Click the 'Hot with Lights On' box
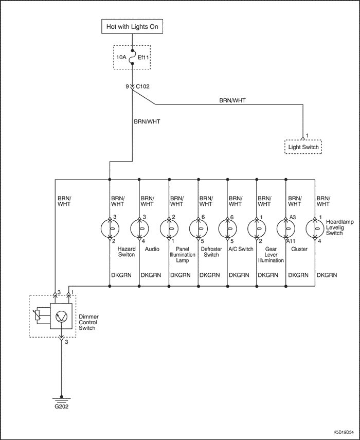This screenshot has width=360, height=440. tap(132, 27)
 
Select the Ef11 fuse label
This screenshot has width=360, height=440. tap(143, 58)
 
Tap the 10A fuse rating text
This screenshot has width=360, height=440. tap(121, 58)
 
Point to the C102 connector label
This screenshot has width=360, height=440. tap(142, 86)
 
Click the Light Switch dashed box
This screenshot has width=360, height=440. tap(303, 147)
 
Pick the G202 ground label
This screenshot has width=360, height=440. tap(61, 407)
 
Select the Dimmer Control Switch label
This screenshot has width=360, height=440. tap(88, 322)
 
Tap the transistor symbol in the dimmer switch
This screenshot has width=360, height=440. tap(61, 316)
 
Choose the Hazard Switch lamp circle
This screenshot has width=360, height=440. tap(110, 228)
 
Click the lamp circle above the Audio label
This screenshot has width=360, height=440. tap(139, 228)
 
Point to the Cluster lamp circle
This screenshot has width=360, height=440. tap(286, 228)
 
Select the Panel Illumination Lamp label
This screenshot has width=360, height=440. tap(182, 255)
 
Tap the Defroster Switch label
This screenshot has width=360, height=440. tap(211, 252)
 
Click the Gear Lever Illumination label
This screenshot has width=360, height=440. tap(271, 255)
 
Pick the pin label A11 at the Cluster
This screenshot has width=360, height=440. tap(291, 241)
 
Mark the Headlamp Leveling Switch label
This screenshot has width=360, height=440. tap(336, 227)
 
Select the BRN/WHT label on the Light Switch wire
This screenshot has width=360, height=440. tap(232, 100)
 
